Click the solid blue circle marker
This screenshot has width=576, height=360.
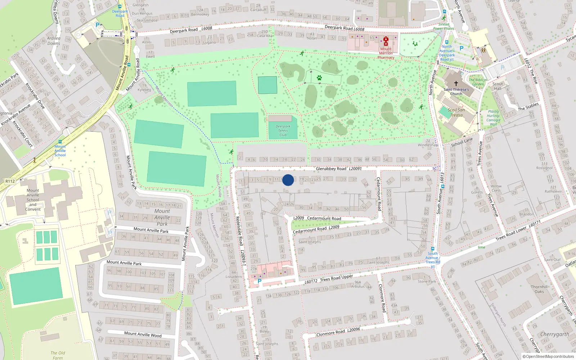[x=288, y=180]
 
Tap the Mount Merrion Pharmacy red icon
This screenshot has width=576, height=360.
[x=386, y=41]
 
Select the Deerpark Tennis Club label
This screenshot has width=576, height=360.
[x=283, y=131]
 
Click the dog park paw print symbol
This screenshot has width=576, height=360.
[x=319, y=78]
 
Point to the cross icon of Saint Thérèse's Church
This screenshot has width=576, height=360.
[x=456, y=84]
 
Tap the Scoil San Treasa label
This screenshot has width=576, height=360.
[x=456, y=113]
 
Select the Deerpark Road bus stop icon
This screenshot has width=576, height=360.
[x=120, y=6]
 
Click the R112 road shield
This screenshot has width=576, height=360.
[x=10, y=181]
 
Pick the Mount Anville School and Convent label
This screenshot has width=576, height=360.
[x=33, y=200]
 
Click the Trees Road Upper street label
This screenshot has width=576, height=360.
[x=336, y=278]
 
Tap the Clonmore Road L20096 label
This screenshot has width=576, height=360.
[x=338, y=332]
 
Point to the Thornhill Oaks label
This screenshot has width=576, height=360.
[x=539, y=289]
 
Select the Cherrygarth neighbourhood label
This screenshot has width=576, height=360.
[x=554, y=334]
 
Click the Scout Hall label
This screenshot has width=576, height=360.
[x=498, y=86]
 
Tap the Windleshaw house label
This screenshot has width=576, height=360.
[x=428, y=145]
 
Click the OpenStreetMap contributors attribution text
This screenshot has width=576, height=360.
[x=548, y=357]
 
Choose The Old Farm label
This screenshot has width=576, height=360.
[x=58, y=355]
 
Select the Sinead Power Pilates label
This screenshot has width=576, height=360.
[x=444, y=27]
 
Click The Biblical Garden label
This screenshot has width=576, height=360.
[x=478, y=82]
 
